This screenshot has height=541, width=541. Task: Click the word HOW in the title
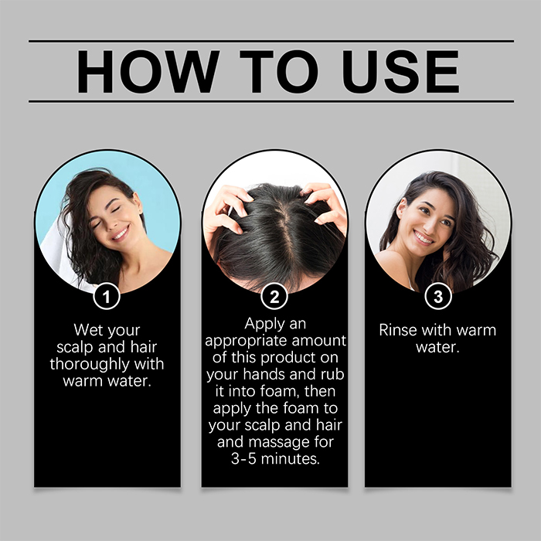click(x=148, y=71)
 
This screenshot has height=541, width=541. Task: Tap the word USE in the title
click(x=400, y=71)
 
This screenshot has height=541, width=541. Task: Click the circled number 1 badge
click(x=107, y=296)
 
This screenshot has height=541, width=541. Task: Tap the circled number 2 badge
click(x=274, y=296)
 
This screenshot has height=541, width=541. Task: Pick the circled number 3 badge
click(x=438, y=296)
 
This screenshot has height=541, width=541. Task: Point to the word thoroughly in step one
click(x=90, y=364)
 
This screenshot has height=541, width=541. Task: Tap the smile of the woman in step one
click(x=121, y=233)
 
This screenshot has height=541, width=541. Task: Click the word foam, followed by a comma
click(x=278, y=392)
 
